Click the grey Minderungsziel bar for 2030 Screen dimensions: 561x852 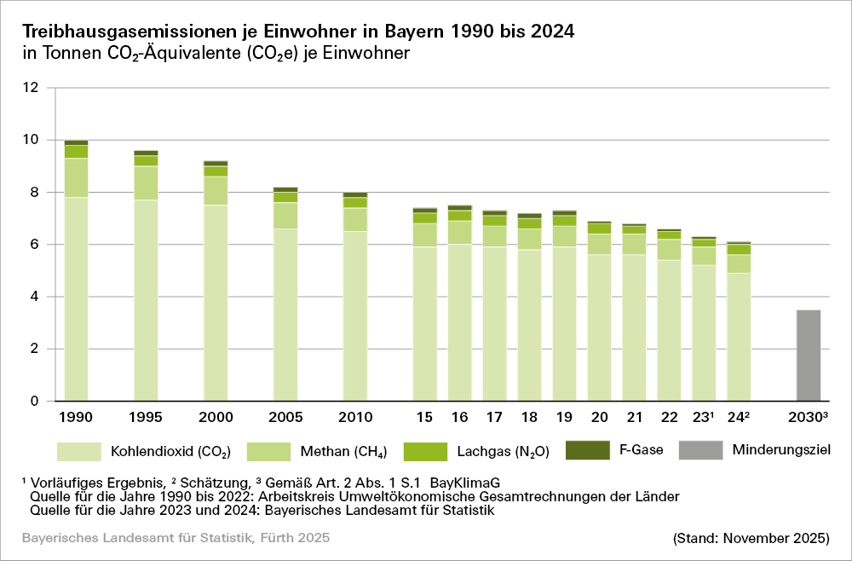click(809, 356)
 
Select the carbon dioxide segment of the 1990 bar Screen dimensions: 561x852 click(77, 298)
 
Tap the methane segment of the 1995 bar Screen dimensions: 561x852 click(147, 182)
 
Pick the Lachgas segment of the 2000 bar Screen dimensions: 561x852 click(216, 171)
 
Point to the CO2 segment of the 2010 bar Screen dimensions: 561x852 click(355, 315)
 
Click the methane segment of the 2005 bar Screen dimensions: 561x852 click(285, 216)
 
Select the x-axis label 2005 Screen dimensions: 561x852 click(285, 418)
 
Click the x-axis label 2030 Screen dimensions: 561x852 click(806, 418)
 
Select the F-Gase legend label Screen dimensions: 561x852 click(641, 449)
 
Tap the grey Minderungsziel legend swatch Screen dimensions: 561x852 click(700, 450)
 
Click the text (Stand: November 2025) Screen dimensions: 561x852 click(750, 539)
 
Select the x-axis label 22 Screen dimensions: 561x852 click(670, 418)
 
